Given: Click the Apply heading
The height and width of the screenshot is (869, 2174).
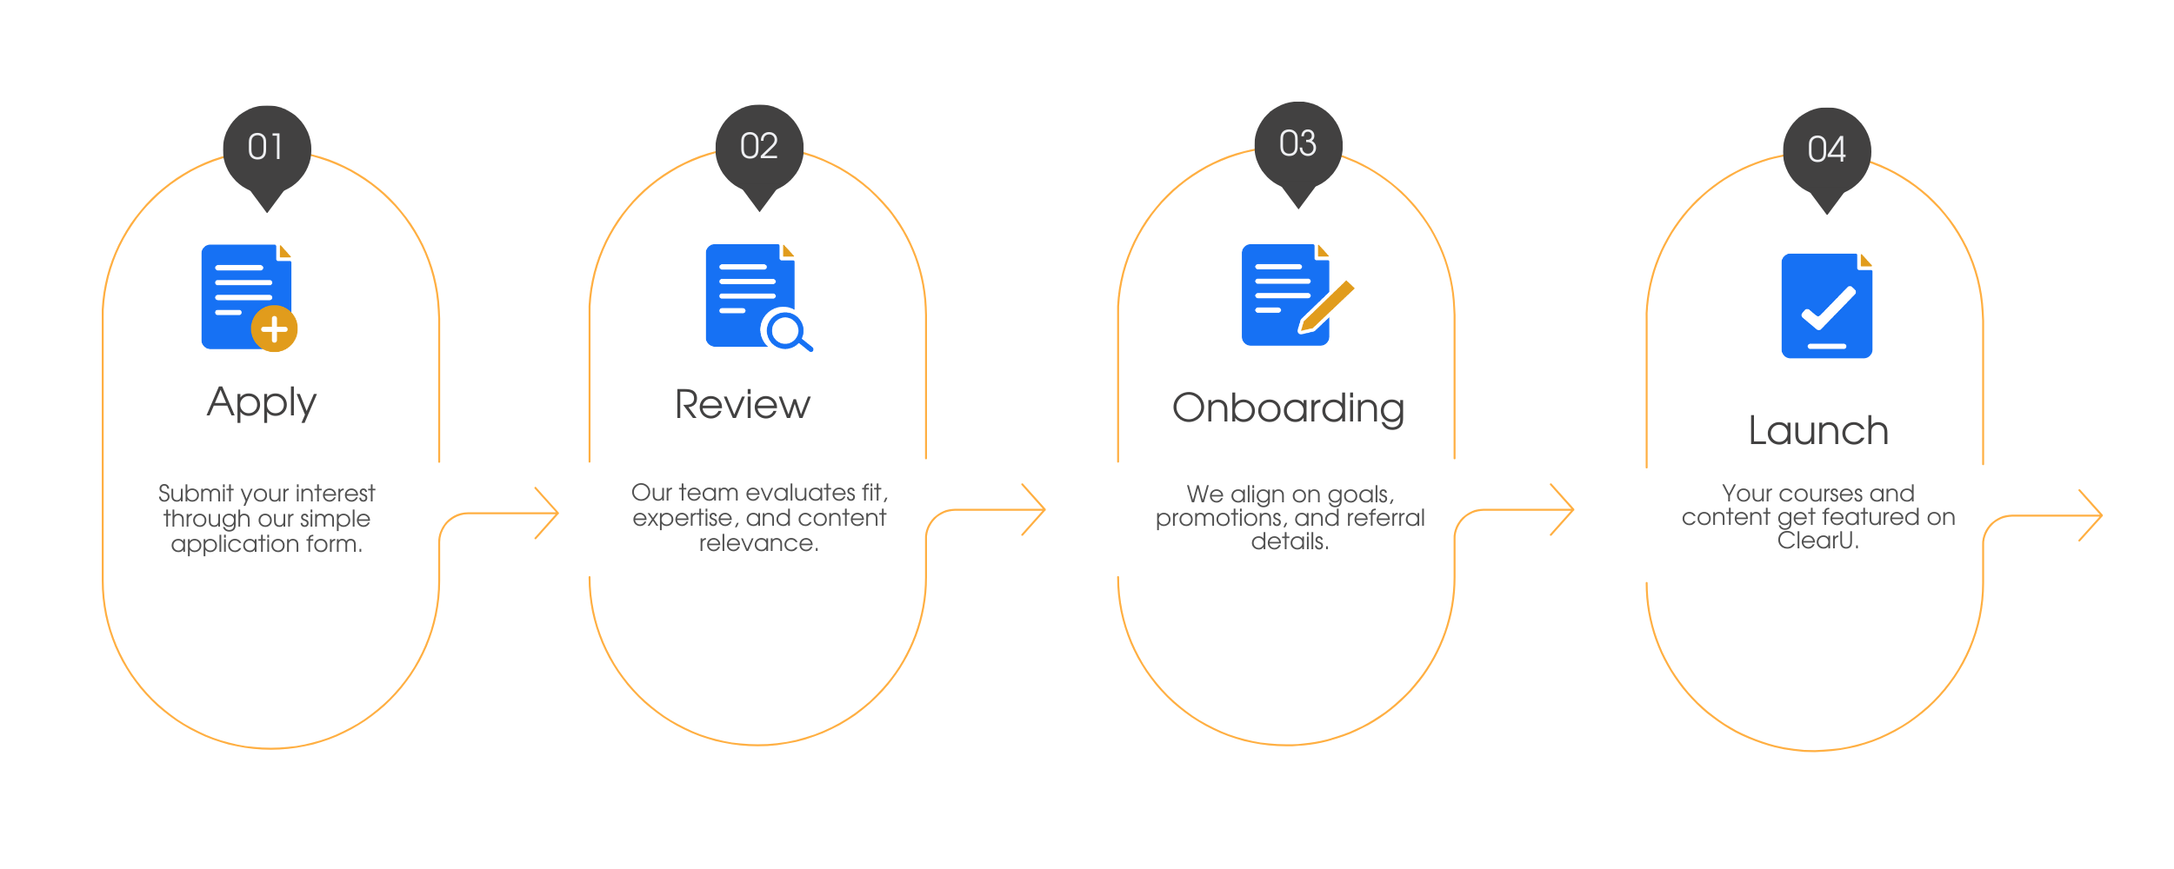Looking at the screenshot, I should [262, 403].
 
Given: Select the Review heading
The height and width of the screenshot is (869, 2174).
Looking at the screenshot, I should [743, 405].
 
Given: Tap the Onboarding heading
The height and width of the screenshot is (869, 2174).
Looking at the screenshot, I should [1289, 408].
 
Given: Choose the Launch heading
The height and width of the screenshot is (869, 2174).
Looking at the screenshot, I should [1818, 431].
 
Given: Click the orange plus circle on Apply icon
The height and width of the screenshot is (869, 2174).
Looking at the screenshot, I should [274, 329].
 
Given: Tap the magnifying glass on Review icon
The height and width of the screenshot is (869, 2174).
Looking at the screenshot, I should [787, 331].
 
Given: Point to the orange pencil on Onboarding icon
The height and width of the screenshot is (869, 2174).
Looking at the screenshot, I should [1326, 307].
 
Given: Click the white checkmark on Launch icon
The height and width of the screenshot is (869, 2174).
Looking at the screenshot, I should [1828, 308].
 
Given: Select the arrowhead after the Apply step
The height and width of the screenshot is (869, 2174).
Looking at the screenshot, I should [547, 514].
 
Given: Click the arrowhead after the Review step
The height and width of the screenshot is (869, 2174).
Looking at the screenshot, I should [1034, 510].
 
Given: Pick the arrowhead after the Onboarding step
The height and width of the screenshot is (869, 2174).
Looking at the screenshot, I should [1563, 510].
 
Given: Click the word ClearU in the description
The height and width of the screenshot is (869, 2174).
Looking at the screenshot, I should [1817, 541].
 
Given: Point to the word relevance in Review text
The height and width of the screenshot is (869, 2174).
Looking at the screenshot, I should [758, 544].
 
